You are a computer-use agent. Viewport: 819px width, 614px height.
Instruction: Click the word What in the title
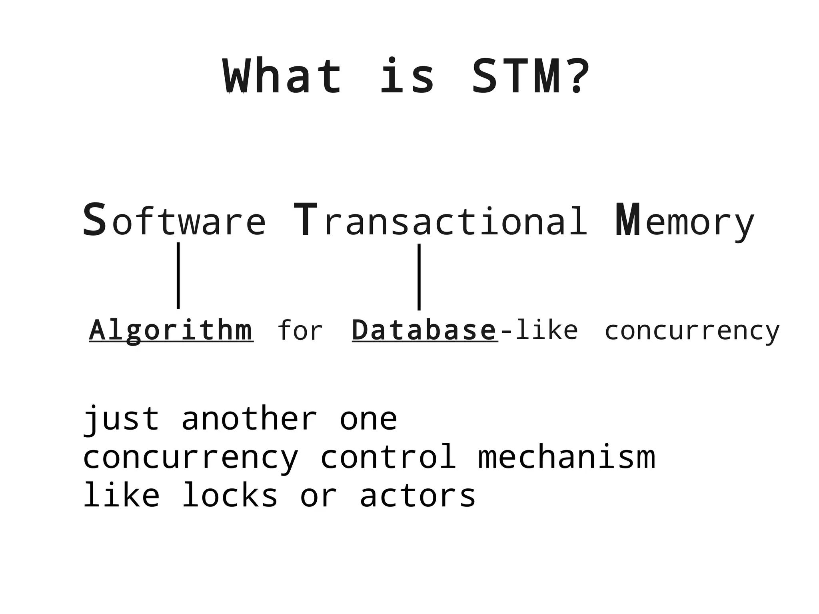282,76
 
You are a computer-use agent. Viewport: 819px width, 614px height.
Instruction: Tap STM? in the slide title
531,76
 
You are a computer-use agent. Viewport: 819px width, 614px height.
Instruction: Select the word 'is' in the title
407,76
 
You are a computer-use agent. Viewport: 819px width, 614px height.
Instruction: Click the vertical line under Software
178,276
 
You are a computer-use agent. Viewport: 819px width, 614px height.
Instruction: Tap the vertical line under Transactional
419,277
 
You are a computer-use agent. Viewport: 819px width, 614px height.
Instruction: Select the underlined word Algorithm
171,331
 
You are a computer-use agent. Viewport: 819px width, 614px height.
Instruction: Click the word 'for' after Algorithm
300,331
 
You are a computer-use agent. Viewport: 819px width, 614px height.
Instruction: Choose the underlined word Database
424,331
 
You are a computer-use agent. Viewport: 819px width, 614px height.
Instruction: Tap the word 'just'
121,419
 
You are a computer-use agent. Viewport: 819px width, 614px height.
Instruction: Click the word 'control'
388,457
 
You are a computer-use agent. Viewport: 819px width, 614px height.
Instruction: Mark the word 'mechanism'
567,457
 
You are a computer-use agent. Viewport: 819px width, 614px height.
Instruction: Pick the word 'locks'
230,495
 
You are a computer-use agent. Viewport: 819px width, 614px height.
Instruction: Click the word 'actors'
417,495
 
